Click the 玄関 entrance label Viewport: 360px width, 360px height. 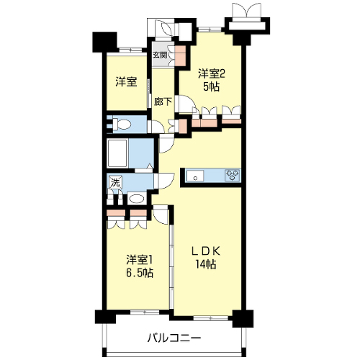(x=160, y=55)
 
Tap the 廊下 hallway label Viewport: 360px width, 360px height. (x=163, y=102)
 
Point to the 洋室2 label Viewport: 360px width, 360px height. (x=212, y=74)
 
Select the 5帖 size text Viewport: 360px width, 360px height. (x=212, y=87)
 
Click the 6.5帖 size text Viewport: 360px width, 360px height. (x=140, y=273)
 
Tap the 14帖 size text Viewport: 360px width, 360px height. (x=206, y=264)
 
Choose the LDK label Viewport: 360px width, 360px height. (x=206, y=251)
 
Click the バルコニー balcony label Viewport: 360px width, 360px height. (x=174, y=338)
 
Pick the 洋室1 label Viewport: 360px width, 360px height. (x=140, y=260)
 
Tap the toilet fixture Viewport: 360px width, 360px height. (x=122, y=125)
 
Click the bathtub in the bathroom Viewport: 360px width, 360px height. (x=117, y=153)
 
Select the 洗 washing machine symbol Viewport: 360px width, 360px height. (x=115, y=183)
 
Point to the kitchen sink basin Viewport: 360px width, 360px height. (x=195, y=176)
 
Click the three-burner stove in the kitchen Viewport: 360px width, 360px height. (x=233, y=175)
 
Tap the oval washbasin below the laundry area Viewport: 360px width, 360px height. (x=136, y=199)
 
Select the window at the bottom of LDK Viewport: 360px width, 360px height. (x=210, y=318)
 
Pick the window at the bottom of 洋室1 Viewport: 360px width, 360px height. (x=145, y=312)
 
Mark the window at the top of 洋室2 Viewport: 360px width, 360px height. (x=210, y=30)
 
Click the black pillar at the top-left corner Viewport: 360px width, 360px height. (x=104, y=42)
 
